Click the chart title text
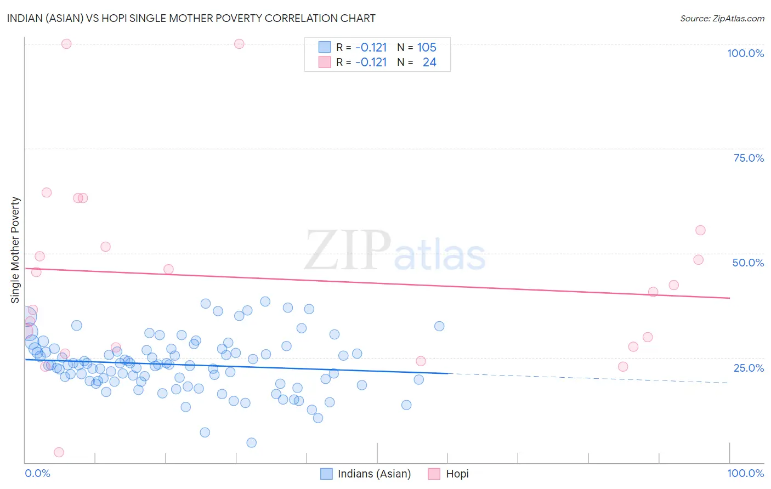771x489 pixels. pyautogui.click(x=191, y=18)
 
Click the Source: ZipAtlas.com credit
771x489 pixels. pyautogui.click(x=722, y=18)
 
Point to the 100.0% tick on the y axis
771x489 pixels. pyautogui.click(x=745, y=53)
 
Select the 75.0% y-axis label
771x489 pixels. pyautogui.click(x=748, y=158)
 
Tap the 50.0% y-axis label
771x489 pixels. pyautogui.click(x=748, y=263)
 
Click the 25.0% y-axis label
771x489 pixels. pyautogui.click(x=748, y=367)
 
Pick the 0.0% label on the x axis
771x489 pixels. pyautogui.click(x=37, y=473)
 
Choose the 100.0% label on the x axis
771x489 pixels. pyautogui.click(x=745, y=473)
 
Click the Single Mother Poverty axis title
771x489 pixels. pyautogui.click(x=15, y=250)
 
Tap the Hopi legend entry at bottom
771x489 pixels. pyautogui.click(x=457, y=474)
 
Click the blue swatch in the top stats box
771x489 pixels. pyautogui.click(x=325, y=48)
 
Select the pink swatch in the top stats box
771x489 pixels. pyautogui.click(x=325, y=62)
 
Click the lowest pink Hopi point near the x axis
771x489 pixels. pyautogui.click(x=59, y=452)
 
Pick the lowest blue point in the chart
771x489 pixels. pyautogui.click(x=251, y=442)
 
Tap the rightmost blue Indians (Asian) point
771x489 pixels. pyautogui.click(x=439, y=326)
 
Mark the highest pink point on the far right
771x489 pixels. pyautogui.click(x=700, y=230)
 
